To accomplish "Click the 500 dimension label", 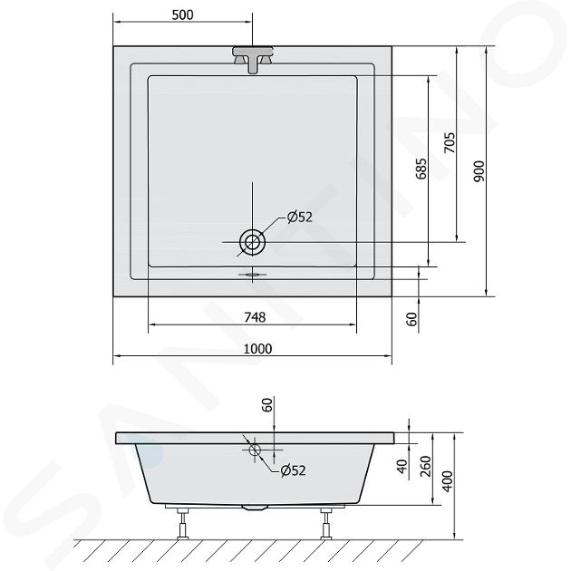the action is tap(182, 15).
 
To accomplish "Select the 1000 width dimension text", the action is tap(257, 349).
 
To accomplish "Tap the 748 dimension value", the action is tap(255, 317).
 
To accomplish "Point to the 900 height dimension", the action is tap(479, 171).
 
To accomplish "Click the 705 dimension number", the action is tap(450, 143).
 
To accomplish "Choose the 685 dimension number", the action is tap(421, 169).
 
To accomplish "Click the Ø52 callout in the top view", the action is tap(300, 217).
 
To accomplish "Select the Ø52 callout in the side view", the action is tap(293, 470).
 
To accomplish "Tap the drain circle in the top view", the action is tap(252, 242).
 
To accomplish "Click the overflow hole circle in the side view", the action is tap(255, 450).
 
